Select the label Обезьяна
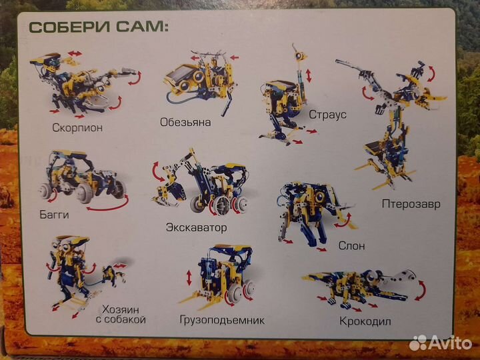185,122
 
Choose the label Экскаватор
196,227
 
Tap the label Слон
351,245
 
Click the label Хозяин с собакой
123,314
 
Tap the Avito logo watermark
441,343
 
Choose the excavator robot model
200,187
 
